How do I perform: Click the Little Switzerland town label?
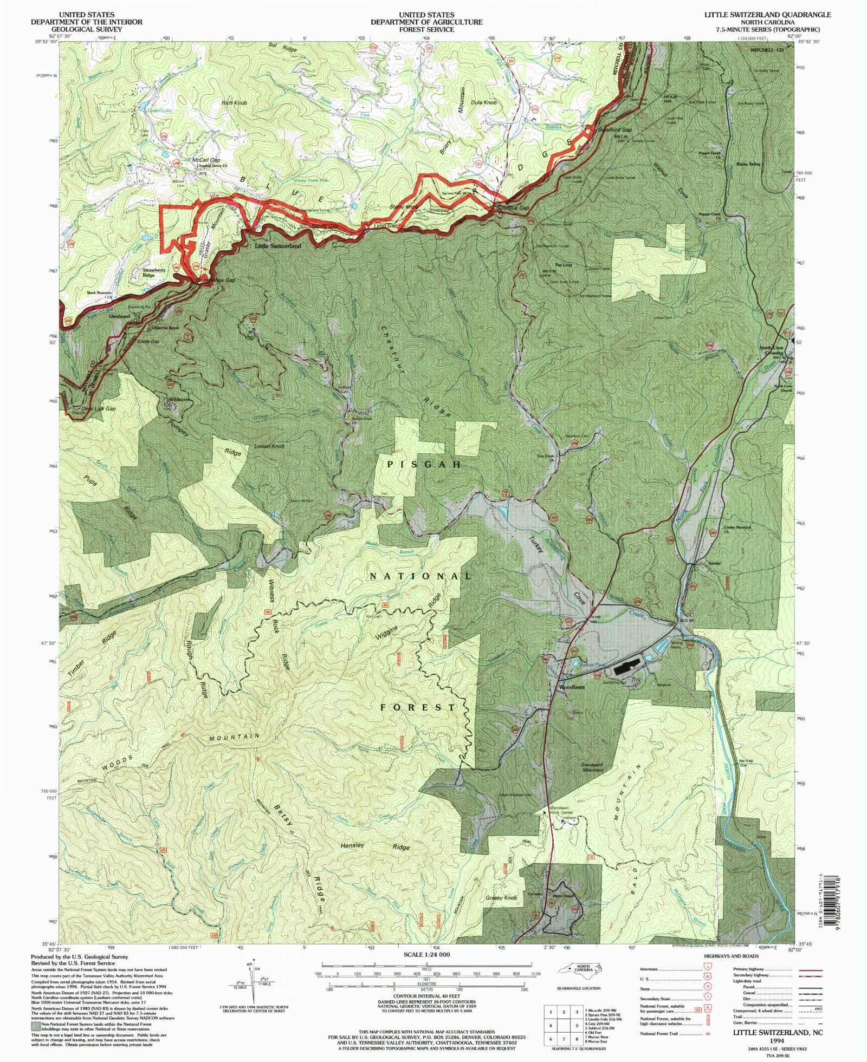[277, 246]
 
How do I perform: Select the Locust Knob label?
[269, 446]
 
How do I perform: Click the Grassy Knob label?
[501, 898]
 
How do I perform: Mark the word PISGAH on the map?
[424, 465]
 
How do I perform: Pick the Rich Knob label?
[234, 102]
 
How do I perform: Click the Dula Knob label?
[484, 102]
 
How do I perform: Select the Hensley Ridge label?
[375, 846]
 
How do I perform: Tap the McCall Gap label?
[206, 160]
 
